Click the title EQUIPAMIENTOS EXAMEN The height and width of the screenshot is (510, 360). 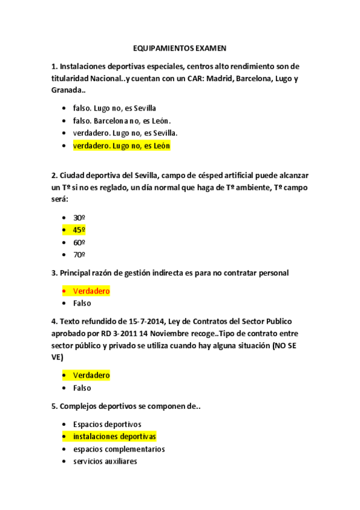coord(180,49)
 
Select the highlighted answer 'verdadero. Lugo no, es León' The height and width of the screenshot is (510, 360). coord(121,146)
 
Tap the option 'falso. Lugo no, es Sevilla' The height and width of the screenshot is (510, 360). coord(114,108)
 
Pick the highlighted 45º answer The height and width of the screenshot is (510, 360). coord(79,230)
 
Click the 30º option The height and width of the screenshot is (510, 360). coord(79,217)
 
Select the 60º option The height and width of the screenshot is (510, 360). coord(79,242)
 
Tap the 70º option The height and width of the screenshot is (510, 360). coord(79,254)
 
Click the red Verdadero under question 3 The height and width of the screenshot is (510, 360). coord(91,291)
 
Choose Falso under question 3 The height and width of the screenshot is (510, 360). coord(82,303)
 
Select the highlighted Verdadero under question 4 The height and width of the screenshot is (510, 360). coord(91,375)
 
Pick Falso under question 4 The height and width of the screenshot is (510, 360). coord(82,388)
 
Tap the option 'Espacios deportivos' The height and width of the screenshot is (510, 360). coord(106,424)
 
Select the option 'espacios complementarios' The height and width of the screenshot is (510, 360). coord(118,449)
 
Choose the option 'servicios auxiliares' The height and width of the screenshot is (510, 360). coord(105,461)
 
